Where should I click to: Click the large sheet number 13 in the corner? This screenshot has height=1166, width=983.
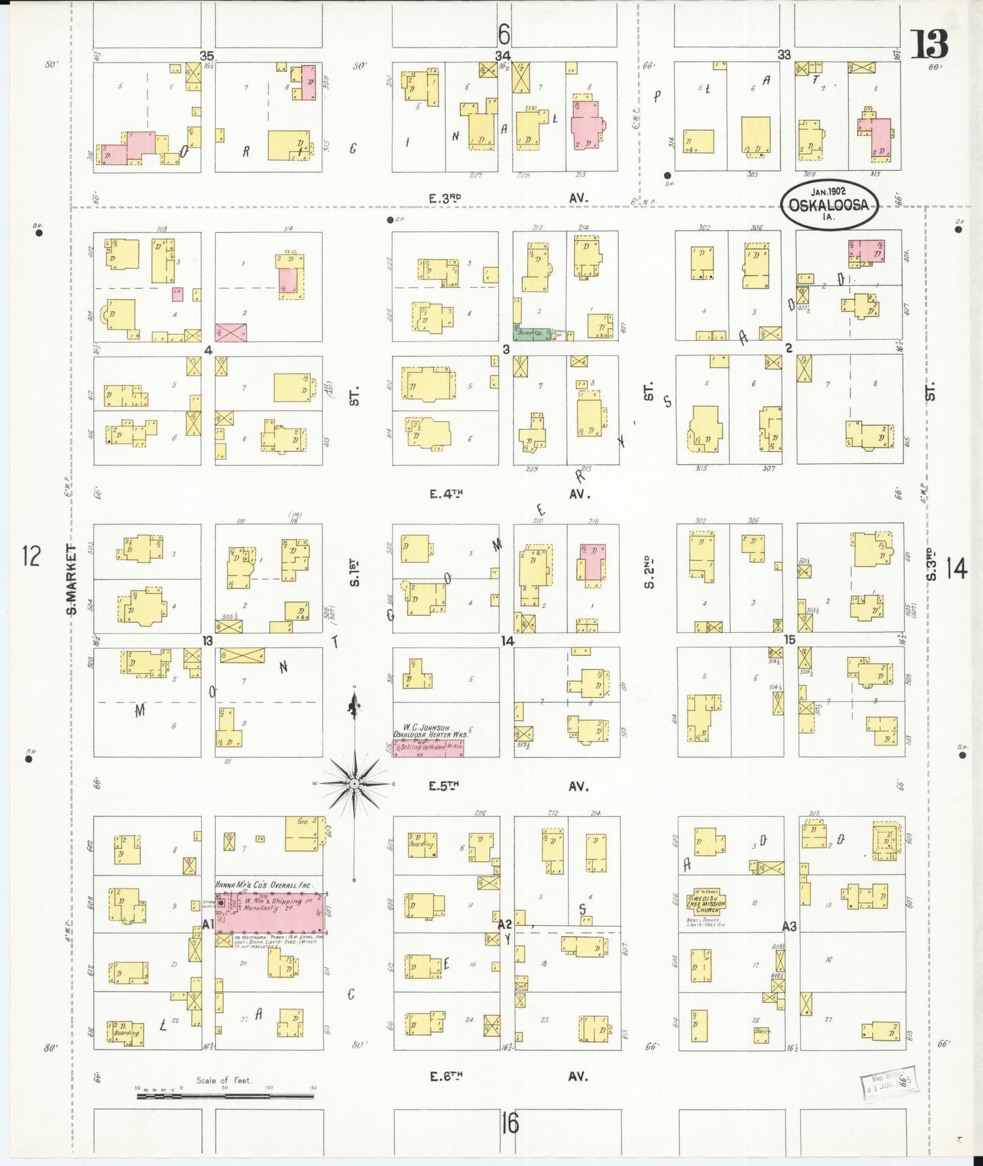click(929, 46)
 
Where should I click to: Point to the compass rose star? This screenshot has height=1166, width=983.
click(354, 784)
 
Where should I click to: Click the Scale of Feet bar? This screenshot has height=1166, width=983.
click(224, 1095)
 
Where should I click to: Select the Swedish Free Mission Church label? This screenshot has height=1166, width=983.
click(707, 901)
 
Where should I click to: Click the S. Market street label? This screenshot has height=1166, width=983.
click(71, 578)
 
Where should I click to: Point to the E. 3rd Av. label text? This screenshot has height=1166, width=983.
click(445, 198)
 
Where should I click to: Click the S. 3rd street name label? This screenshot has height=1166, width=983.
click(931, 565)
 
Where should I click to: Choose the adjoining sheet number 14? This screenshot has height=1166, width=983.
click(956, 568)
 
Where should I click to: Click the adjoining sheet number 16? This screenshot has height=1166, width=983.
click(510, 1123)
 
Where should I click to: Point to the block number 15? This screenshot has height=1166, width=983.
click(789, 640)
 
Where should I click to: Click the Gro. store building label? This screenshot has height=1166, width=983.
click(303, 822)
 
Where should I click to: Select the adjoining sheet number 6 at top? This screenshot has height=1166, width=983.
click(503, 33)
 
